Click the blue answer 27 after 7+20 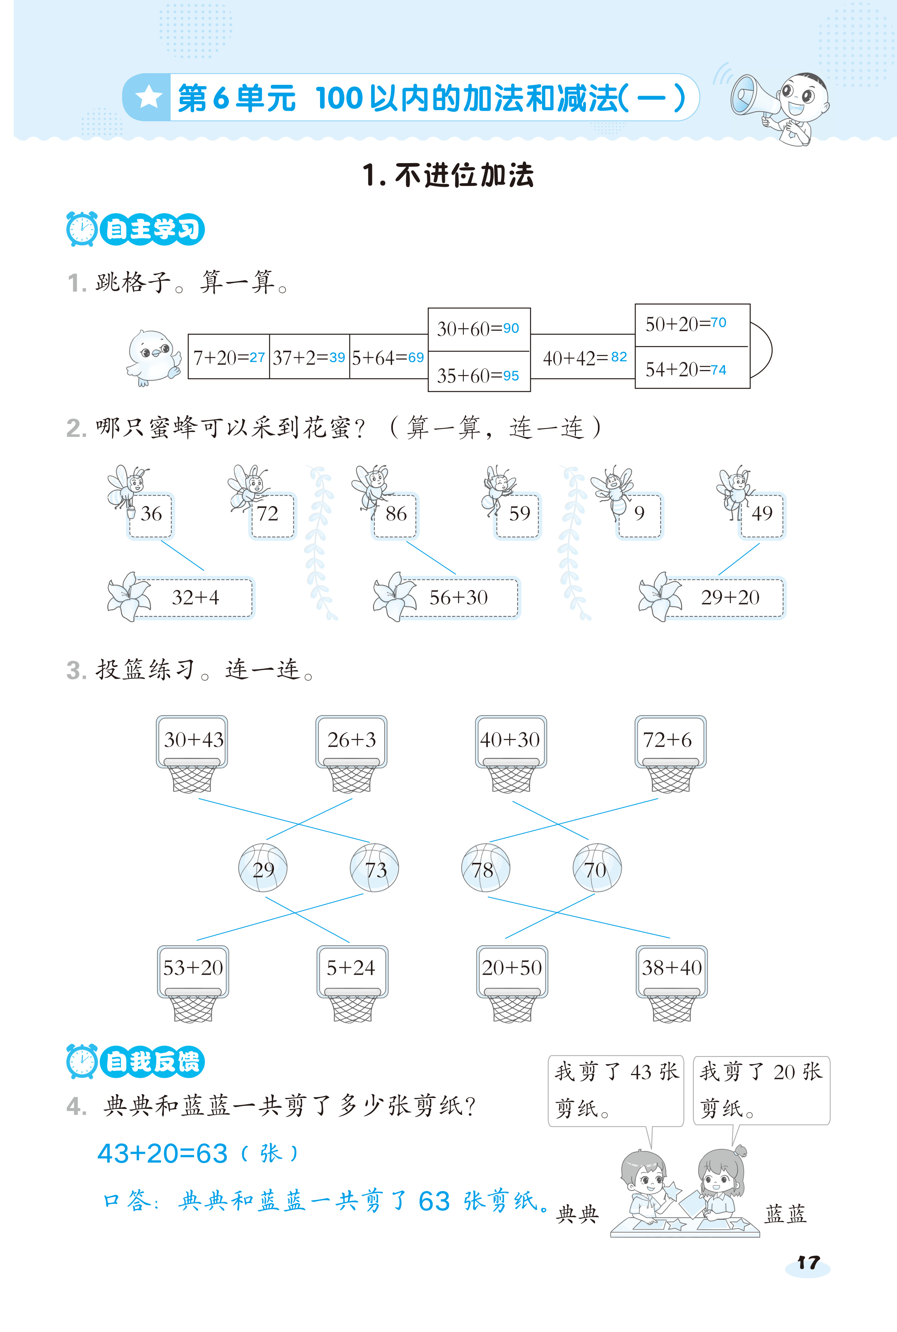257,358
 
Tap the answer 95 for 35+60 510,376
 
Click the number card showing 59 519,514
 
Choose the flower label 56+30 458,598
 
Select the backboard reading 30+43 193,740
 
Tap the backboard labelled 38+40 671,968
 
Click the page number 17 808,1262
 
